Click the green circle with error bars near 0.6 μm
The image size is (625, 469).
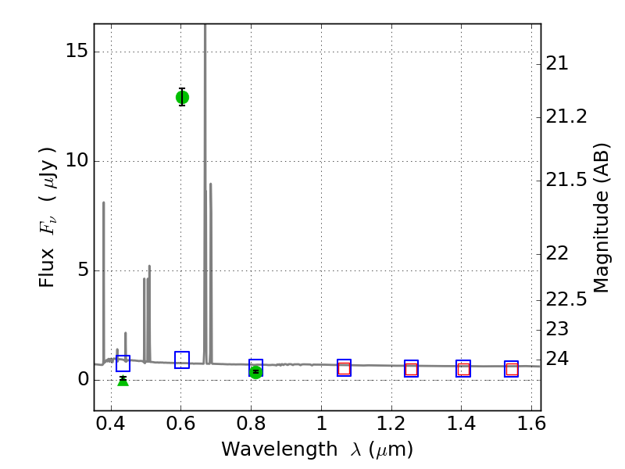tap(182, 97)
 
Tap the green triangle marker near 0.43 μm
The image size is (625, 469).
tap(123, 380)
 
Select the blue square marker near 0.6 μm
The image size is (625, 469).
tap(182, 360)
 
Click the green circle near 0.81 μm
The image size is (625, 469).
tap(255, 371)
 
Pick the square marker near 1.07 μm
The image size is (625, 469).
tap(344, 368)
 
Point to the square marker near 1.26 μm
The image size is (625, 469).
tap(411, 369)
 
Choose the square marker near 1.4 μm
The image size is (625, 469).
tap(463, 369)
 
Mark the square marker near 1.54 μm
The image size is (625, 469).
tap(512, 369)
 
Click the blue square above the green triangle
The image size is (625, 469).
tap(123, 363)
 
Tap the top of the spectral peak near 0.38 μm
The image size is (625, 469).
tap(103, 202)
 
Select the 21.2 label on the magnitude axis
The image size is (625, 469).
tap(566, 116)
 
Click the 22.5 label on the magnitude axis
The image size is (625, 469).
tap(566, 299)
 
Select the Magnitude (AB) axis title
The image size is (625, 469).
tap(601, 217)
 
